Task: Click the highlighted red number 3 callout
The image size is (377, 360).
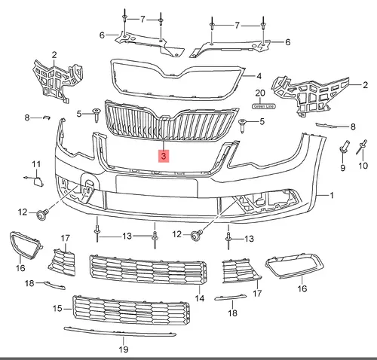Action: pos(164,156)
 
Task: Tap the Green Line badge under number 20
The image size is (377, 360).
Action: pos(264,106)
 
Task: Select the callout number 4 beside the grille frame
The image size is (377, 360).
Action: pos(259,76)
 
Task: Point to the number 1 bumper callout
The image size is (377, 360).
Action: pos(332,195)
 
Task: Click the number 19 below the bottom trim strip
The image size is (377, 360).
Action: pos(124,349)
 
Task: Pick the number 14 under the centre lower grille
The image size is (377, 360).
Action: pos(200,298)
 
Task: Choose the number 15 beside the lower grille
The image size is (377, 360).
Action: pos(57,308)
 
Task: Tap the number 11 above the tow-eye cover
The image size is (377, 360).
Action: pos(36,164)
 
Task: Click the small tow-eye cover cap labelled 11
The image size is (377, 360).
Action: pos(38,182)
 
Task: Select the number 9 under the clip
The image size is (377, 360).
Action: pos(343,168)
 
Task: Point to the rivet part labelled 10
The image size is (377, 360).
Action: pos(362,147)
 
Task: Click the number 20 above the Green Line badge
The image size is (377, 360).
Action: pos(260,93)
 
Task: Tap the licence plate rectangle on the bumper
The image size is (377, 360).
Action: pos(157,186)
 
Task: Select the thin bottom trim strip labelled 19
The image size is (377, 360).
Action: pos(120,331)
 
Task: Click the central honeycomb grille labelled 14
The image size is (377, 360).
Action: pos(149,270)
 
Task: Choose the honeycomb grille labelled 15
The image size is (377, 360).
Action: pos(131,311)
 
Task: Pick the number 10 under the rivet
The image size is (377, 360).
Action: pos(363,166)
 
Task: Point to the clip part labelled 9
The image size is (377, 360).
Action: pos(344,146)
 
